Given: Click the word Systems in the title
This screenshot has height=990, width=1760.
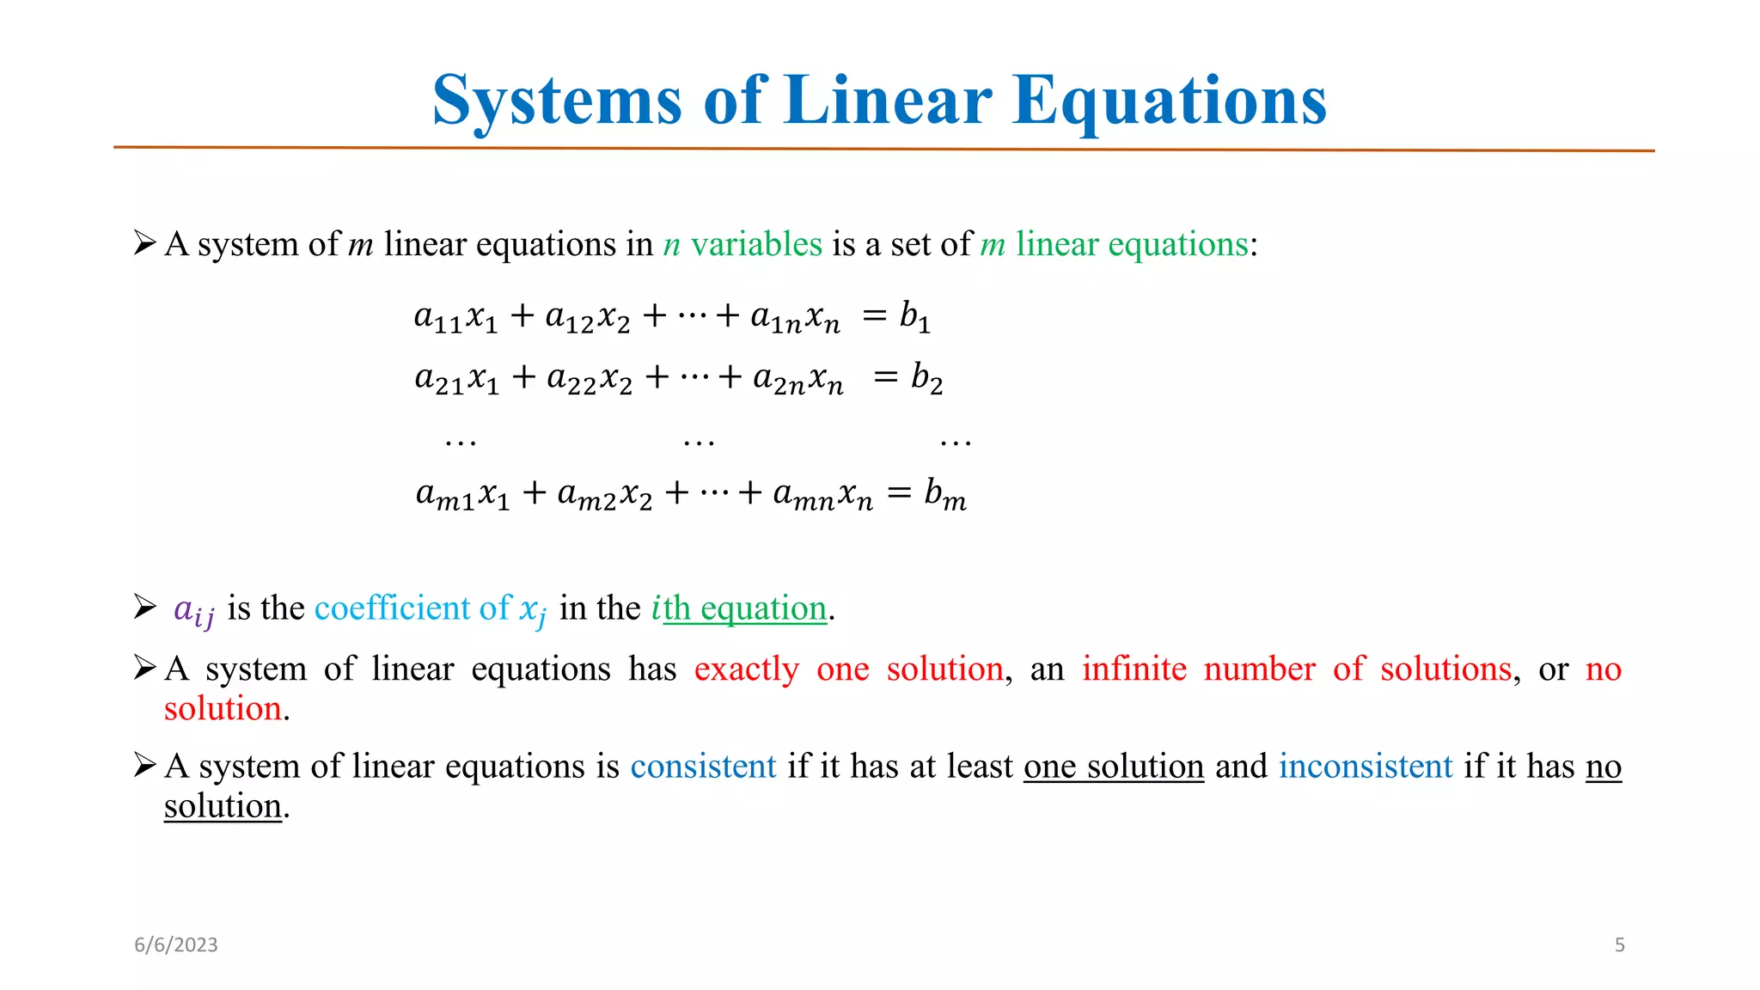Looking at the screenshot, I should tap(557, 101).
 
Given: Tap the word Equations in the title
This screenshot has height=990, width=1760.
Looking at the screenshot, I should tap(1170, 101).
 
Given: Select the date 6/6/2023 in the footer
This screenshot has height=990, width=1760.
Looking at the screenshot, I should tap(176, 945).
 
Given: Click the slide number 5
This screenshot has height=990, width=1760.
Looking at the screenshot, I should tap(1619, 945).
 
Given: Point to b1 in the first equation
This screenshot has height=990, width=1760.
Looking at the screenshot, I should tap(914, 316).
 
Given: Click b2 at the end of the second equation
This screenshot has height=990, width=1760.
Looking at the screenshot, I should tap(926, 378).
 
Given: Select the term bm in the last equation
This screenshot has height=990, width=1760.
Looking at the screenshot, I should tap(944, 495).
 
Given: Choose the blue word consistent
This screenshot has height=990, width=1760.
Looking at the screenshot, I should tap(703, 766).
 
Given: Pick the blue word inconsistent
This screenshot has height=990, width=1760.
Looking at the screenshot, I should tap(1365, 766).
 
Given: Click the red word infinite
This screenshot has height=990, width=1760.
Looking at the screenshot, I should tap(1134, 669).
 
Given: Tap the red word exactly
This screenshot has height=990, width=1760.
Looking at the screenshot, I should tap(746, 669).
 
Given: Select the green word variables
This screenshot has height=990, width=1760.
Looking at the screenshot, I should tap(756, 245).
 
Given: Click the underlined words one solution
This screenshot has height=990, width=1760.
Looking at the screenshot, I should tap(1113, 766).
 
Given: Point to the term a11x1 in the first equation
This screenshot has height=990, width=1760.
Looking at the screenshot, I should tap(455, 317).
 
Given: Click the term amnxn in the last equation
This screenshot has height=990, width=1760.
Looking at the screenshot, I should tap(822, 495).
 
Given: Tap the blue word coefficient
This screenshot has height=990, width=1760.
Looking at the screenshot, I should tap(391, 608).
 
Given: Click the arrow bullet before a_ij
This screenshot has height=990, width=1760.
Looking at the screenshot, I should tap(144, 607).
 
